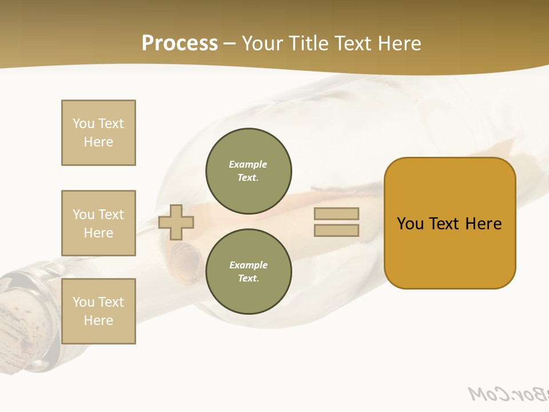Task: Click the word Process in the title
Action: [180, 43]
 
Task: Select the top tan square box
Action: [98, 133]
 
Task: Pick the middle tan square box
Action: [98, 223]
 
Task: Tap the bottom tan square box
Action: [98, 311]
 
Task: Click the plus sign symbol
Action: [176, 222]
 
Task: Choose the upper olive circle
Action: [249, 171]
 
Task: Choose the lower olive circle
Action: [249, 271]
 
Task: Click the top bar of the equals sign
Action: [336, 213]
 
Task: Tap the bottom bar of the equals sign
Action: [336, 231]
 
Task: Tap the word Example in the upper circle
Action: [248, 164]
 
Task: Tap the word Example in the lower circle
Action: [248, 265]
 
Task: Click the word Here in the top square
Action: [98, 142]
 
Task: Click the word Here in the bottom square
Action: [98, 320]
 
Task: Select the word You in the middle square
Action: [83, 215]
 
